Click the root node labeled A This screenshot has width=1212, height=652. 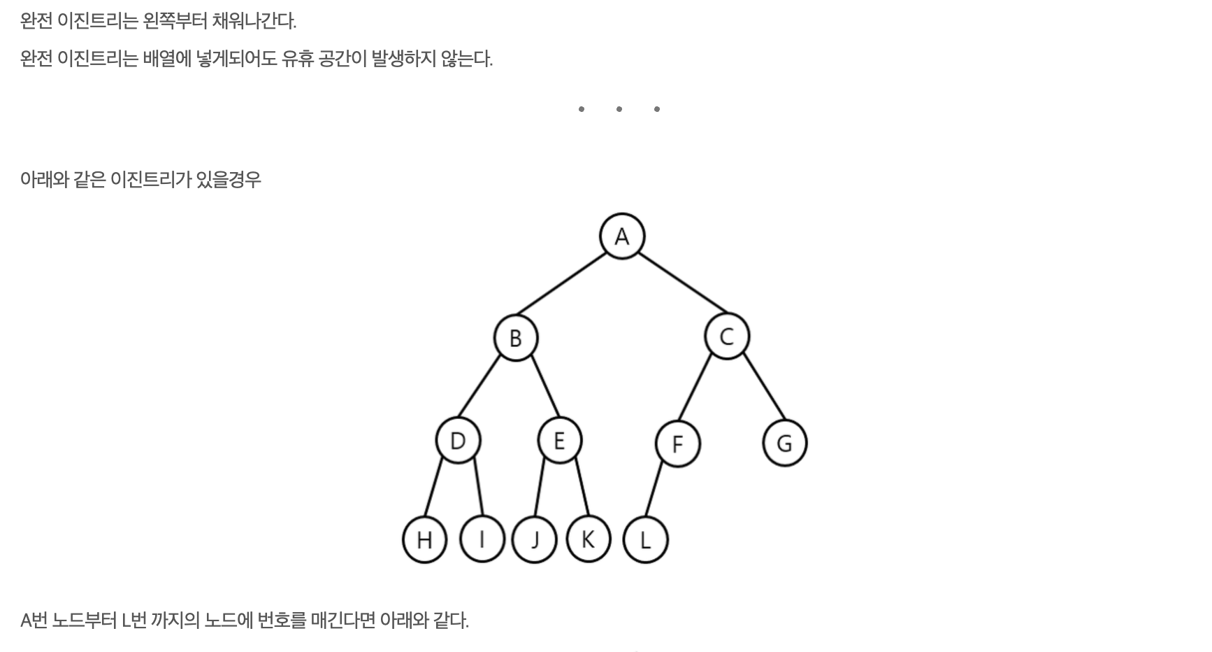pyautogui.click(x=621, y=236)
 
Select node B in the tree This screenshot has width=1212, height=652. pyautogui.click(x=516, y=338)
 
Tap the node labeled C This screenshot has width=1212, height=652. pyautogui.click(x=726, y=336)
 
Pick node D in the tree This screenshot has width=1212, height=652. pyautogui.click(x=458, y=441)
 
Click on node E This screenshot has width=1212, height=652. pyautogui.click(x=559, y=441)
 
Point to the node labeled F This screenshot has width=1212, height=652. pyautogui.click(x=677, y=444)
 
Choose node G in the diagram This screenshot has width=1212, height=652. pyautogui.click(x=784, y=443)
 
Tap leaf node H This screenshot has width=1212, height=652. pyautogui.click(x=424, y=540)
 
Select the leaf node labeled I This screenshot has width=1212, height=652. pyautogui.click(x=482, y=539)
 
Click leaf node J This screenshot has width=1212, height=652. pyautogui.click(x=535, y=540)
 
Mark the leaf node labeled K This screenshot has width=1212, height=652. pyautogui.click(x=588, y=539)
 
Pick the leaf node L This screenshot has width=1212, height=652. pyautogui.click(x=645, y=540)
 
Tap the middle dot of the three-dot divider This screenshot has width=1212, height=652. pyautogui.click(x=619, y=109)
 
